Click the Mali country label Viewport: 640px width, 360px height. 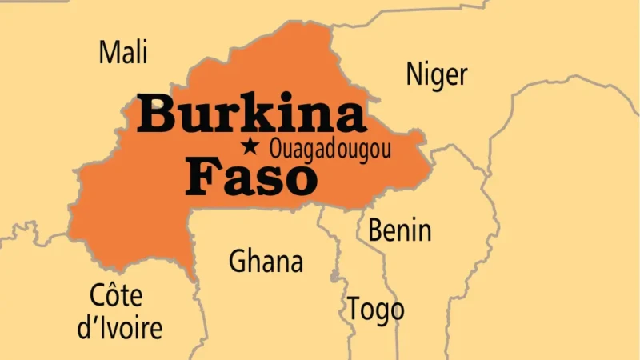click(123, 53)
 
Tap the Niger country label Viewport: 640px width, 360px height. click(436, 74)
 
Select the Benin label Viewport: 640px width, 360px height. click(399, 230)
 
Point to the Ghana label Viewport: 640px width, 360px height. click(266, 262)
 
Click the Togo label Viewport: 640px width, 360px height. click(375, 309)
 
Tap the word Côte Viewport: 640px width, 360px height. click(116, 296)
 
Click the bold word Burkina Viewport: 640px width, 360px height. click(251, 114)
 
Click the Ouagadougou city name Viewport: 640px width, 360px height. click(330, 148)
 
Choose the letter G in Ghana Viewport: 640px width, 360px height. click(238, 262)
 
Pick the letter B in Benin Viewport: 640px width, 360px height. click(375, 230)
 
